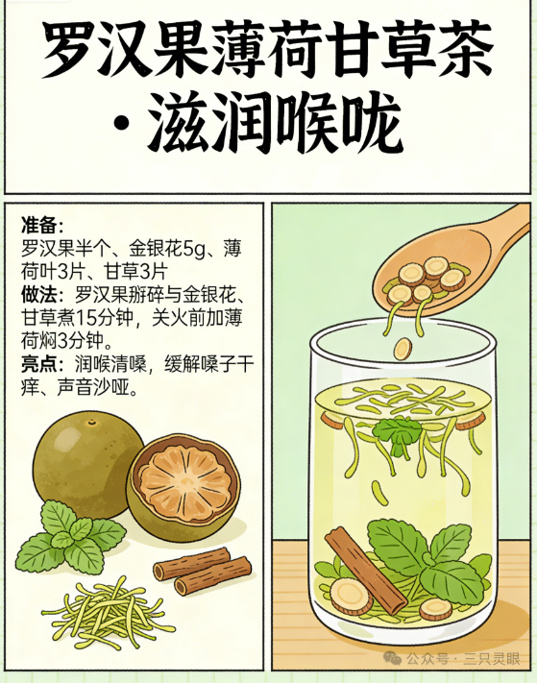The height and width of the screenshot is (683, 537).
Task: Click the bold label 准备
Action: coord(39,225)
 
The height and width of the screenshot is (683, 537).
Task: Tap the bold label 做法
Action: coord(39,295)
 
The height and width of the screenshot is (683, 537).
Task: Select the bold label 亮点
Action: coord(39,364)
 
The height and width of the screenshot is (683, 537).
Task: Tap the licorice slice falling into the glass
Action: coord(403,349)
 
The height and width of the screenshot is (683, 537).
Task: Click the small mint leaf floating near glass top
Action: coord(397,432)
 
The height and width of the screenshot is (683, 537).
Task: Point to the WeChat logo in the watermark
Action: coord(393,658)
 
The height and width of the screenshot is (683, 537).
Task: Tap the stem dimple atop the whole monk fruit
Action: coord(91,422)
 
